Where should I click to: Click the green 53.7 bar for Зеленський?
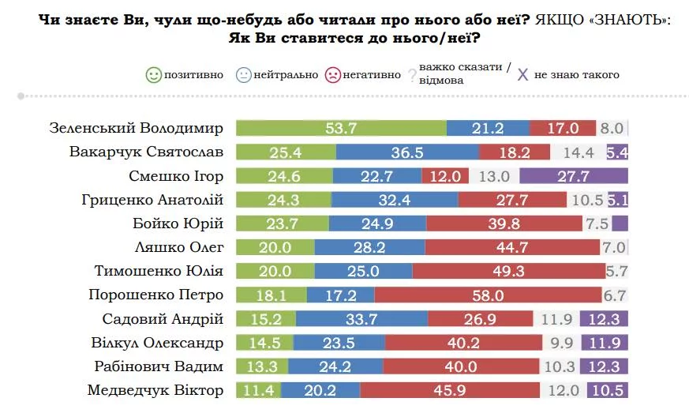coord(341,129)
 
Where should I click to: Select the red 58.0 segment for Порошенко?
coord(488,295)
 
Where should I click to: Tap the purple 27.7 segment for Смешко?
coord(574,176)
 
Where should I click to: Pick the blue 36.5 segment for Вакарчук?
coord(407,152)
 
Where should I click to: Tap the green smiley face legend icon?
coord(153,75)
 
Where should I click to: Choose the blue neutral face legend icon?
coord(242,75)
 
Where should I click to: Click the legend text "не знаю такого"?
coord(577,75)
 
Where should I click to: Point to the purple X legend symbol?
coord(522,75)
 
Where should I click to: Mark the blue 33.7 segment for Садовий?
coord(362,319)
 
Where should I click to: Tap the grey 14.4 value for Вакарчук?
coord(567,152)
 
